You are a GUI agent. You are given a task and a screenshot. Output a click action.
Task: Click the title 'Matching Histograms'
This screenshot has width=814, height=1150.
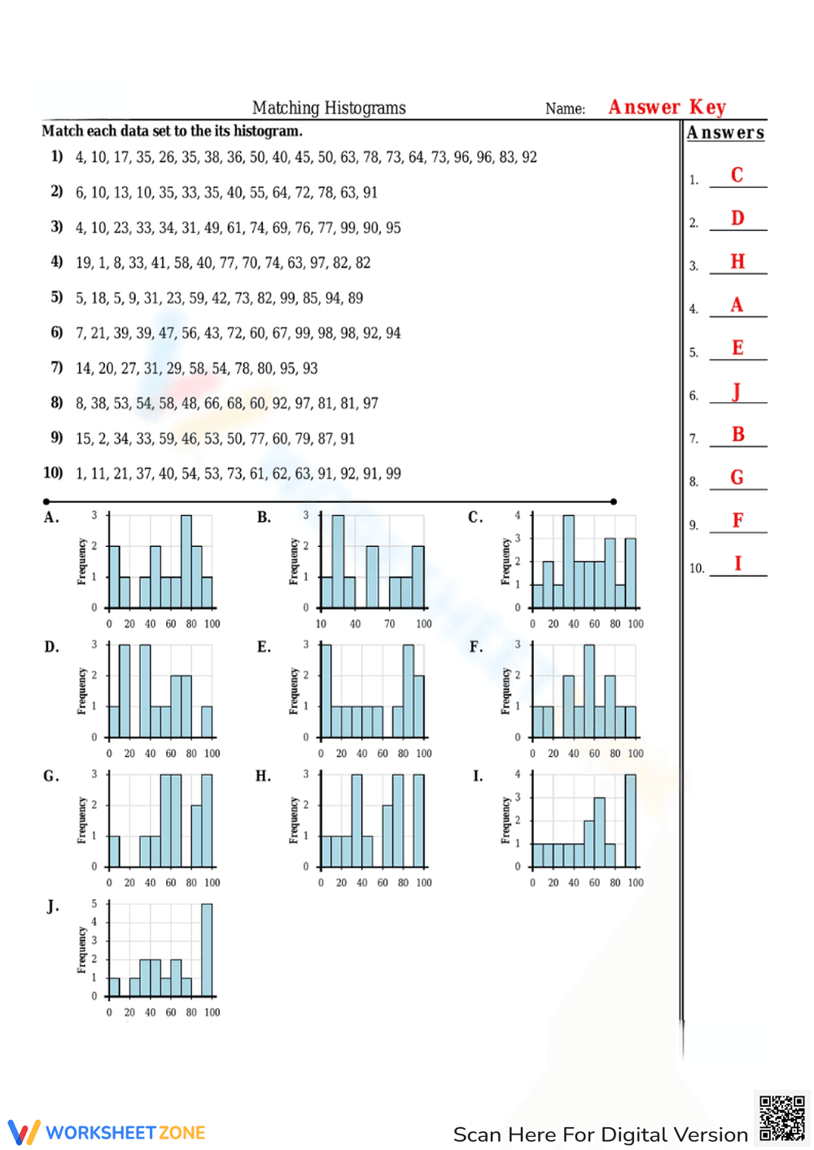coord(329,107)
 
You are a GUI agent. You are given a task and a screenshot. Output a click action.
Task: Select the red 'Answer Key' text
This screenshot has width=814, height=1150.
coord(667,107)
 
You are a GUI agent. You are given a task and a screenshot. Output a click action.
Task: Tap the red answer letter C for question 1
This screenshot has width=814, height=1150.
coord(737,175)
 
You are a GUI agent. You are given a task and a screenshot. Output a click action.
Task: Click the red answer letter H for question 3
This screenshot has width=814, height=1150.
coord(737,261)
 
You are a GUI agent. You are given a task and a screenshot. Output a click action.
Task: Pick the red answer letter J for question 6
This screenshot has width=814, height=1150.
coord(737,391)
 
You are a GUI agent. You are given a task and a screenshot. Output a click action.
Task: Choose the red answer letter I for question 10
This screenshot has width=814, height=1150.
coord(737,563)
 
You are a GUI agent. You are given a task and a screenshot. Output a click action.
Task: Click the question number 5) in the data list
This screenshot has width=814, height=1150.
coord(56,297)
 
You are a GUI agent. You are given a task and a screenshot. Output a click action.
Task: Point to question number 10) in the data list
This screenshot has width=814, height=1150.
coord(53,473)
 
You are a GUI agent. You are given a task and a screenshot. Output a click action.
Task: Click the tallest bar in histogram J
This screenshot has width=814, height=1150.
coord(207,950)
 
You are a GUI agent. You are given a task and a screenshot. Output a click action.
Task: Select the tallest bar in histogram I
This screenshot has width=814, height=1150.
coord(630,820)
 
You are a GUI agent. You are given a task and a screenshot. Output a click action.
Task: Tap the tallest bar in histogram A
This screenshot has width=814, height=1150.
coord(186,562)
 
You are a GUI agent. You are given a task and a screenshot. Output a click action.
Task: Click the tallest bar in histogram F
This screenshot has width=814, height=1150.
coord(589,691)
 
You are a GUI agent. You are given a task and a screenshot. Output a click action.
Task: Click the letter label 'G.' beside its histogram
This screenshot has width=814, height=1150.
coord(51,776)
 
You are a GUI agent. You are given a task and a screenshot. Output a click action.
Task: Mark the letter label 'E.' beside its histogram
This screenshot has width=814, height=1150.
coord(264,647)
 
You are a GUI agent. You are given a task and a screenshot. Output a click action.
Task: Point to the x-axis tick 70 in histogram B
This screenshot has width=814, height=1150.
coord(390,624)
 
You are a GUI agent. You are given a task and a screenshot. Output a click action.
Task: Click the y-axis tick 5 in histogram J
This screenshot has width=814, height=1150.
coord(94,903)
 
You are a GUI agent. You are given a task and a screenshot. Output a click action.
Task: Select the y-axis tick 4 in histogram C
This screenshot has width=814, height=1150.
coord(518,515)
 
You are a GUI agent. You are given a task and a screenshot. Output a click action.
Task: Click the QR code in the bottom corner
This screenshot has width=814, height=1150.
coord(781,1118)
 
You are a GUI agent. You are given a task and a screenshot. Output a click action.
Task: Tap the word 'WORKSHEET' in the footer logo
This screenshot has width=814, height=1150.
coord(100,1133)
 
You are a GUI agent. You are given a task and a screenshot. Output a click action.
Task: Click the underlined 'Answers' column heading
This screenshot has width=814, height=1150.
coord(725,133)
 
